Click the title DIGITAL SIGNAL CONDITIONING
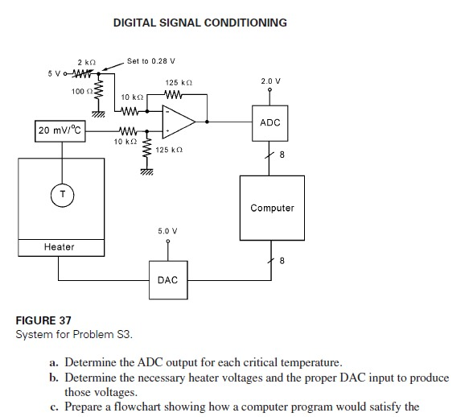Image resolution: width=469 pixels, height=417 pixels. click(x=200, y=23)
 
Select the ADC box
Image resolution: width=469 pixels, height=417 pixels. click(x=270, y=122)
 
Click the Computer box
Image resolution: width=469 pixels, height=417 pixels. click(x=272, y=208)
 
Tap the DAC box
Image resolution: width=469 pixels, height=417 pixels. click(x=167, y=280)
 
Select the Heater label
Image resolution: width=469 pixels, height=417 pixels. click(x=60, y=246)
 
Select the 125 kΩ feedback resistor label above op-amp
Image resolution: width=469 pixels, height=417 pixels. click(x=177, y=82)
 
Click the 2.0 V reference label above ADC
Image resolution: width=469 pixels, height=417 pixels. click(x=271, y=81)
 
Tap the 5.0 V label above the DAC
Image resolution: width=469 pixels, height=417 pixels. click(x=167, y=231)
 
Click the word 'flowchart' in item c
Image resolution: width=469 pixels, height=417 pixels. click(x=141, y=407)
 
